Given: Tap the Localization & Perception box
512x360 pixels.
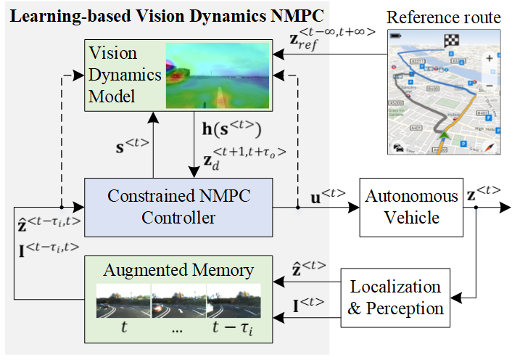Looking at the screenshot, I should [395, 297].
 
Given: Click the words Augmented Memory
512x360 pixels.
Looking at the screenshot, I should [178, 270].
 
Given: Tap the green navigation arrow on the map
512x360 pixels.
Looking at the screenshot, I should [445, 134].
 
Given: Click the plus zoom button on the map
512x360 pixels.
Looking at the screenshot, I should [490, 58].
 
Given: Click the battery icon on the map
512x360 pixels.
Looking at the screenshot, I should [396, 34].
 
